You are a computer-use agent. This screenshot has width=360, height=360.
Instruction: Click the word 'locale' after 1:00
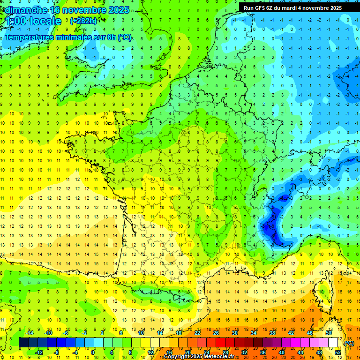(45, 21)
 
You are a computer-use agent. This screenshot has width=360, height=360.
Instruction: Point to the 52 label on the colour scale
(338, 352)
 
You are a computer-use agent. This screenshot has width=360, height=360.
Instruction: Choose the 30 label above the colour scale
(235, 333)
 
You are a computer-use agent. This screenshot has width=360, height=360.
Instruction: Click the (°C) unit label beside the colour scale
(349, 343)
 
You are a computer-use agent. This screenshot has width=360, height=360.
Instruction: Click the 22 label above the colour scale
(197, 333)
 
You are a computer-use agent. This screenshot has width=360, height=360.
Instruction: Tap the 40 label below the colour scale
(282, 352)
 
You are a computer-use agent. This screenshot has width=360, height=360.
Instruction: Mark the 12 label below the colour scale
(150, 352)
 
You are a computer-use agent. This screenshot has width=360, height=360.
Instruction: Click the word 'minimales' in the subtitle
(73, 37)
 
